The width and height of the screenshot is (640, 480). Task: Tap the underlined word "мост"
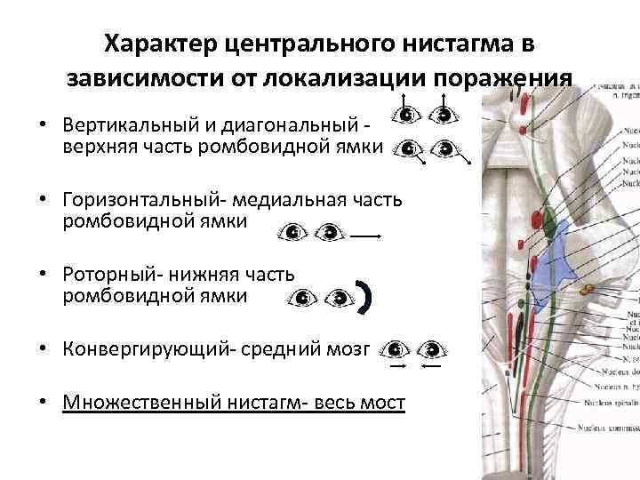[x=381, y=404]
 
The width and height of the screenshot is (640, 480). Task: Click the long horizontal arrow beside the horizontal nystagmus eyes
[x=366, y=236]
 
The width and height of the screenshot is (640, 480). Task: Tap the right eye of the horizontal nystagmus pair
[x=330, y=233]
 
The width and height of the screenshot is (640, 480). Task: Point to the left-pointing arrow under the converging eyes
[x=432, y=365]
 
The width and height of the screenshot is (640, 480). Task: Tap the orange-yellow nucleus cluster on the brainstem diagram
[x=589, y=289]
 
